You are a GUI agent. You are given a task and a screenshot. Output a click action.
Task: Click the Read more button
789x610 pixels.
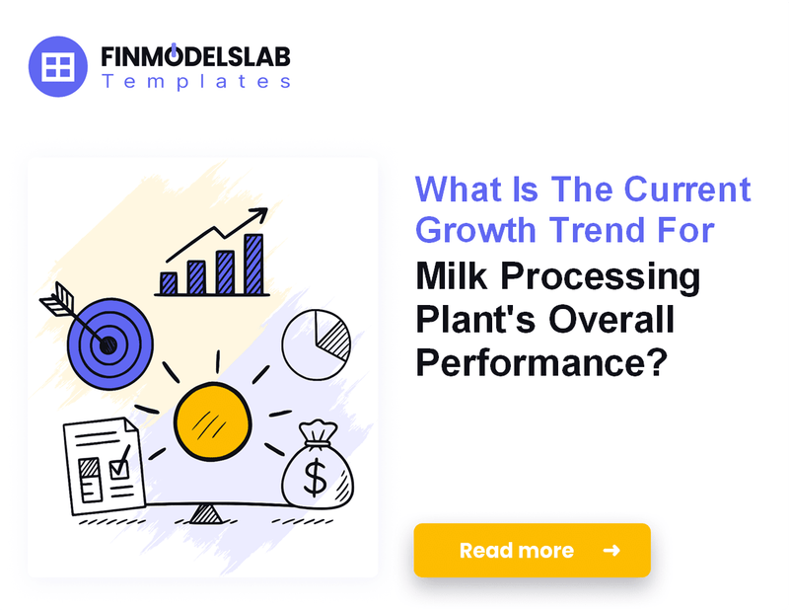click(x=532, y=550)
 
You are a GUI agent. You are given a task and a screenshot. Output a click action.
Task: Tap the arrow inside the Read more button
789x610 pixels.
click(x=611, y=550)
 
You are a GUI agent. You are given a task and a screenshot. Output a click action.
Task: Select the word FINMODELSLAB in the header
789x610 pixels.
click(x=195, y=55)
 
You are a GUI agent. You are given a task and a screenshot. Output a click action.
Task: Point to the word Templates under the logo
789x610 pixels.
click(x=195, y=82)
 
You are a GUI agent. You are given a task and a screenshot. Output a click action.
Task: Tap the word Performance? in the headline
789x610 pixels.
click(x=538, y=362)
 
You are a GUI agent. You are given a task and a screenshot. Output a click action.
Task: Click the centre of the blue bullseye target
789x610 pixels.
click(x=108, y=344)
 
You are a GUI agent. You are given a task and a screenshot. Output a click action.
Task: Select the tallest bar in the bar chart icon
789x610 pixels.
click(x=254, y=264)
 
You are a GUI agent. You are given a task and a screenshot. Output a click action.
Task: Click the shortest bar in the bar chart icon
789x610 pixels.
click(x=169, y=283)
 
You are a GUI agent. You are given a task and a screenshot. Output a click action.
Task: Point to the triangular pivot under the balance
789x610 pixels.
click(x=205, y=513)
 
